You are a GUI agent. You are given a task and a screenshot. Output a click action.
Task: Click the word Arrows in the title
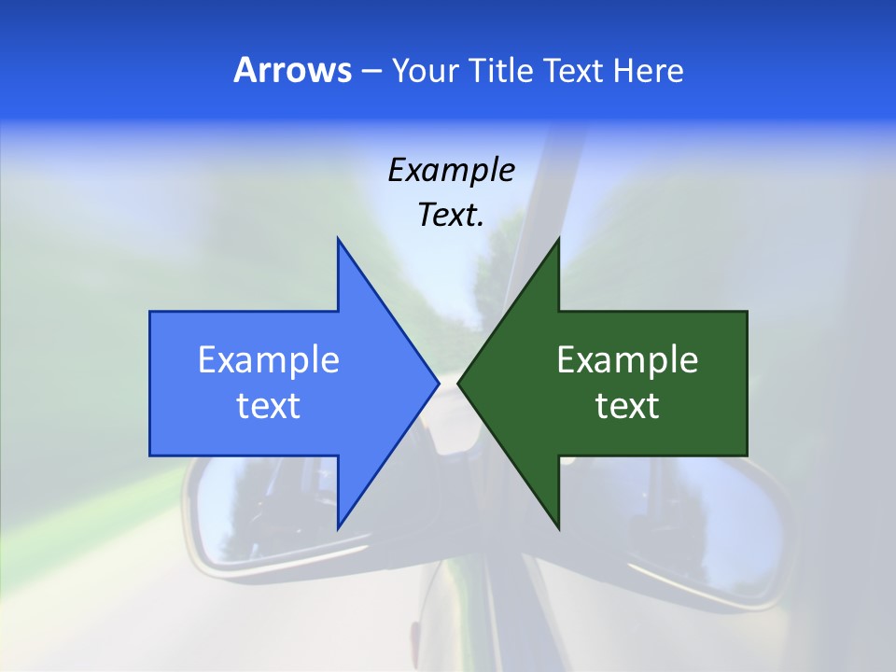coord(293,70)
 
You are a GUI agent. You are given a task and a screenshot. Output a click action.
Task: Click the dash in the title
coord(370,71)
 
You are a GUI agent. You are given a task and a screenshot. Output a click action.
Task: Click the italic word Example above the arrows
coord(451,170)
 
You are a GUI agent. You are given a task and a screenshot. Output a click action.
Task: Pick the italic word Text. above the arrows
coord(451,215)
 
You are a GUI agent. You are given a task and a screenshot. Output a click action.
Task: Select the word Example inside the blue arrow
coord(269,359)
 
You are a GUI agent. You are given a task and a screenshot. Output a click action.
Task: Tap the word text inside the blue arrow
coord(269,405)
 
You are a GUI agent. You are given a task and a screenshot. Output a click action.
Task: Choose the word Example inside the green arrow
coord(627,359)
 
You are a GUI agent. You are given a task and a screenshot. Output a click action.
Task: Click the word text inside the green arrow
coord(627,405)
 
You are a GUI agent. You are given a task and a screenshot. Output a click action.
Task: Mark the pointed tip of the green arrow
coord(459,383)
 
